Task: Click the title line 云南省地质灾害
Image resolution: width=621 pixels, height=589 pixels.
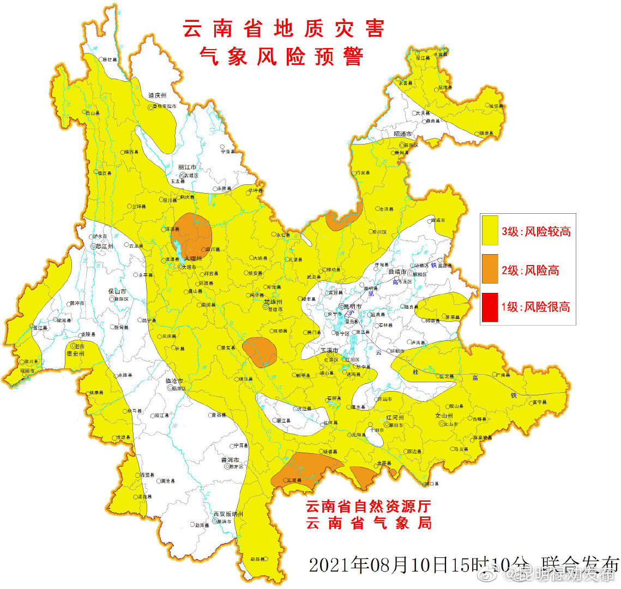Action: tap(283, 29)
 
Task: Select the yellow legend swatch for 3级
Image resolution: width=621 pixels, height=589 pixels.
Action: tap(490, 230)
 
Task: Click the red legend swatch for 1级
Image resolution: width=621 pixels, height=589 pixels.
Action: tap(490, 307)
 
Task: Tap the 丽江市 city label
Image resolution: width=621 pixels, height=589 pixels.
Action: tap(187, 167)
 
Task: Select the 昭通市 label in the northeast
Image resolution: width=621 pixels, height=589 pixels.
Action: tap(402, 134)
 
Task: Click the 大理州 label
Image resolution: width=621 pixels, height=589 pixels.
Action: tap(192, 258)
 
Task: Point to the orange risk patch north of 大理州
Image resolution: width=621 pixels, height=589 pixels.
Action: tap(192, 234)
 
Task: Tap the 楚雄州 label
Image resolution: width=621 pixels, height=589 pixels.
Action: tap(273, 302)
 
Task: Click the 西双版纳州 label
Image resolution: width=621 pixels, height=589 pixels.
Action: tap(228, 514)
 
